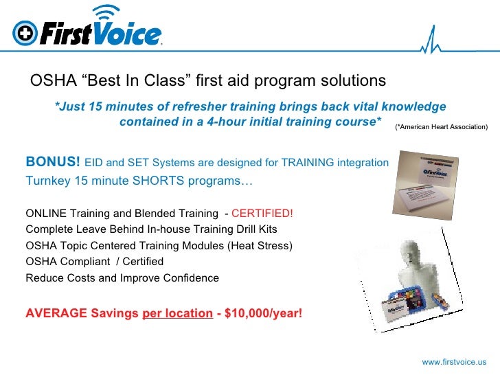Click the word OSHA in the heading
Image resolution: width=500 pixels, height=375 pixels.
[x=51, y=81]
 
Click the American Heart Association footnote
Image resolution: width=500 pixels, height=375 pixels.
[x=442, y=127]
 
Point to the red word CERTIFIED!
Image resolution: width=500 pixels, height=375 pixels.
[x=263, y=213]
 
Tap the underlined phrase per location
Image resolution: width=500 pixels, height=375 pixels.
[x=177, y=314]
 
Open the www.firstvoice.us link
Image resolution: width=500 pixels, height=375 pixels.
[x=454, y=361]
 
